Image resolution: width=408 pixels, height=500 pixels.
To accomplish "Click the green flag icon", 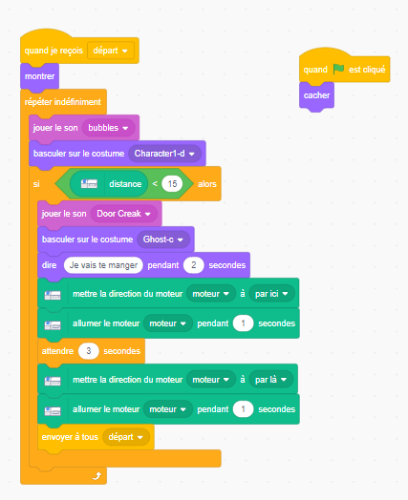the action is [338, 69].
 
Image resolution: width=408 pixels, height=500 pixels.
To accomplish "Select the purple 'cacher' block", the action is [316, 95].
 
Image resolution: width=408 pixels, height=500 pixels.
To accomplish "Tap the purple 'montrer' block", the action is [39, 76].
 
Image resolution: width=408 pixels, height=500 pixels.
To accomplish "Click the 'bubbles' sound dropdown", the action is [108, 128].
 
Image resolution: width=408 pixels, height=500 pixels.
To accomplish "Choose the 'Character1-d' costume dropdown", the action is [164, 154].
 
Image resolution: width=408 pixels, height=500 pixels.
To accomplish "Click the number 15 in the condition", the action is [172, 183].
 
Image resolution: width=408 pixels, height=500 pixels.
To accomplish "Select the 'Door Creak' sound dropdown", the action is [123, 214].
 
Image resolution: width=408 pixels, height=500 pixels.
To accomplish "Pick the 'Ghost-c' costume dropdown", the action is [163, 240].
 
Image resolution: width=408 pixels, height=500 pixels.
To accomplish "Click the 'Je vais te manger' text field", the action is [103, 265].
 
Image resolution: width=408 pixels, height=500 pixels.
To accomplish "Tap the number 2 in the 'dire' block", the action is [193, 265].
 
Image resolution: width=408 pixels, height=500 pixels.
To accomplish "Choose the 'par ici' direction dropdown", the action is [271, 294].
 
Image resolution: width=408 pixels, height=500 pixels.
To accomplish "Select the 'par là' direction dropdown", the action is [270, 380].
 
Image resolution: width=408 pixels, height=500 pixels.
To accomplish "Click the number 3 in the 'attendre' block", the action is [89, 351].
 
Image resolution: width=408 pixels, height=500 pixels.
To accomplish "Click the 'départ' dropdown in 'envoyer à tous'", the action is [126, 437].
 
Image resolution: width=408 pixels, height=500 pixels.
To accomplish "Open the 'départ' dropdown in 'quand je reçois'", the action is [111, 51].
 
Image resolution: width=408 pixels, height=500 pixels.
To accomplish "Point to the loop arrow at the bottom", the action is [97, 476].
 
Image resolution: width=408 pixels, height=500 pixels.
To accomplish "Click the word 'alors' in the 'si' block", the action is [207, 184].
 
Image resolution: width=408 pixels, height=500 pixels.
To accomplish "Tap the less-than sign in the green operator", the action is [155, 183].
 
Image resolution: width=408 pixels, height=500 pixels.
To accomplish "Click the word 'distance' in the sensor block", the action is [125, 184].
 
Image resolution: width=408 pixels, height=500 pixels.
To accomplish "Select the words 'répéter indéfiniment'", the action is [62, 102].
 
